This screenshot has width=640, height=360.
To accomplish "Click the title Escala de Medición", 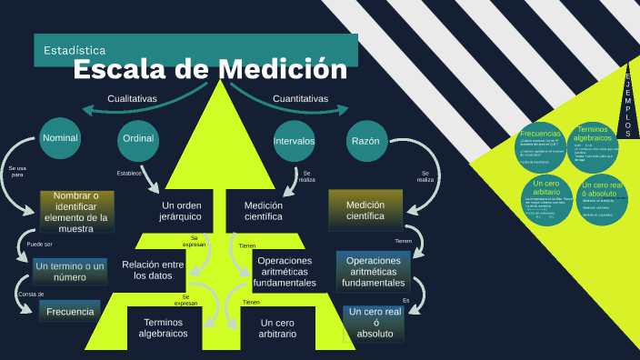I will [209, 69].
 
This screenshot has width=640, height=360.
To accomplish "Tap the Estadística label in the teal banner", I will [75, 50].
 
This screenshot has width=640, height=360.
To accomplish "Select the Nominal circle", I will [60, 138].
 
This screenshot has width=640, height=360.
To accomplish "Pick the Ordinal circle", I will [138, 138].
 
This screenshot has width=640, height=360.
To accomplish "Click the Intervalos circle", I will [295, 141].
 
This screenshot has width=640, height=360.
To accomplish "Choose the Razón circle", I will [365, 141].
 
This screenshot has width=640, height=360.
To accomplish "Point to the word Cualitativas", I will [132, 98].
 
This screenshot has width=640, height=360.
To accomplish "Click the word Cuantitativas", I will [300, 98].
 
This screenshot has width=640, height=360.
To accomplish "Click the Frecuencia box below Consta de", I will [70, 312].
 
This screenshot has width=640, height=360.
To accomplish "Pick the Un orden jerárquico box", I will [181, 211].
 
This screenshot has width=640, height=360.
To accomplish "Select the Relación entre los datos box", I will [153, 270].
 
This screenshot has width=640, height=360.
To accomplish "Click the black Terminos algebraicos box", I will [164, 328].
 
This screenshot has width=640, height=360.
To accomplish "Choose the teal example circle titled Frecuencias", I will [540, 148].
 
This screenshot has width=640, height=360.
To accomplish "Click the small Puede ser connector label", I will [40, 245].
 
